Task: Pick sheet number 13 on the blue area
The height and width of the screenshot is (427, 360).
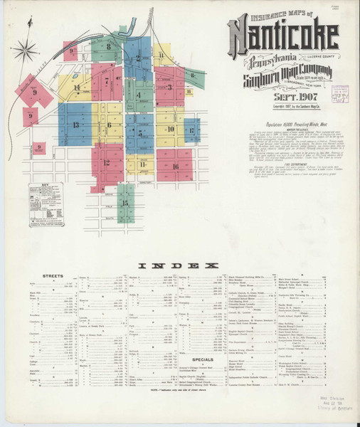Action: [75, 125]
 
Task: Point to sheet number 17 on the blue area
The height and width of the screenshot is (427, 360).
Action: [191, 131]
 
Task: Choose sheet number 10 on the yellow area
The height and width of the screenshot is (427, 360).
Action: [171, 129]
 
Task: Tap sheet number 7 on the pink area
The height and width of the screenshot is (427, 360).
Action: [107, 81]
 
